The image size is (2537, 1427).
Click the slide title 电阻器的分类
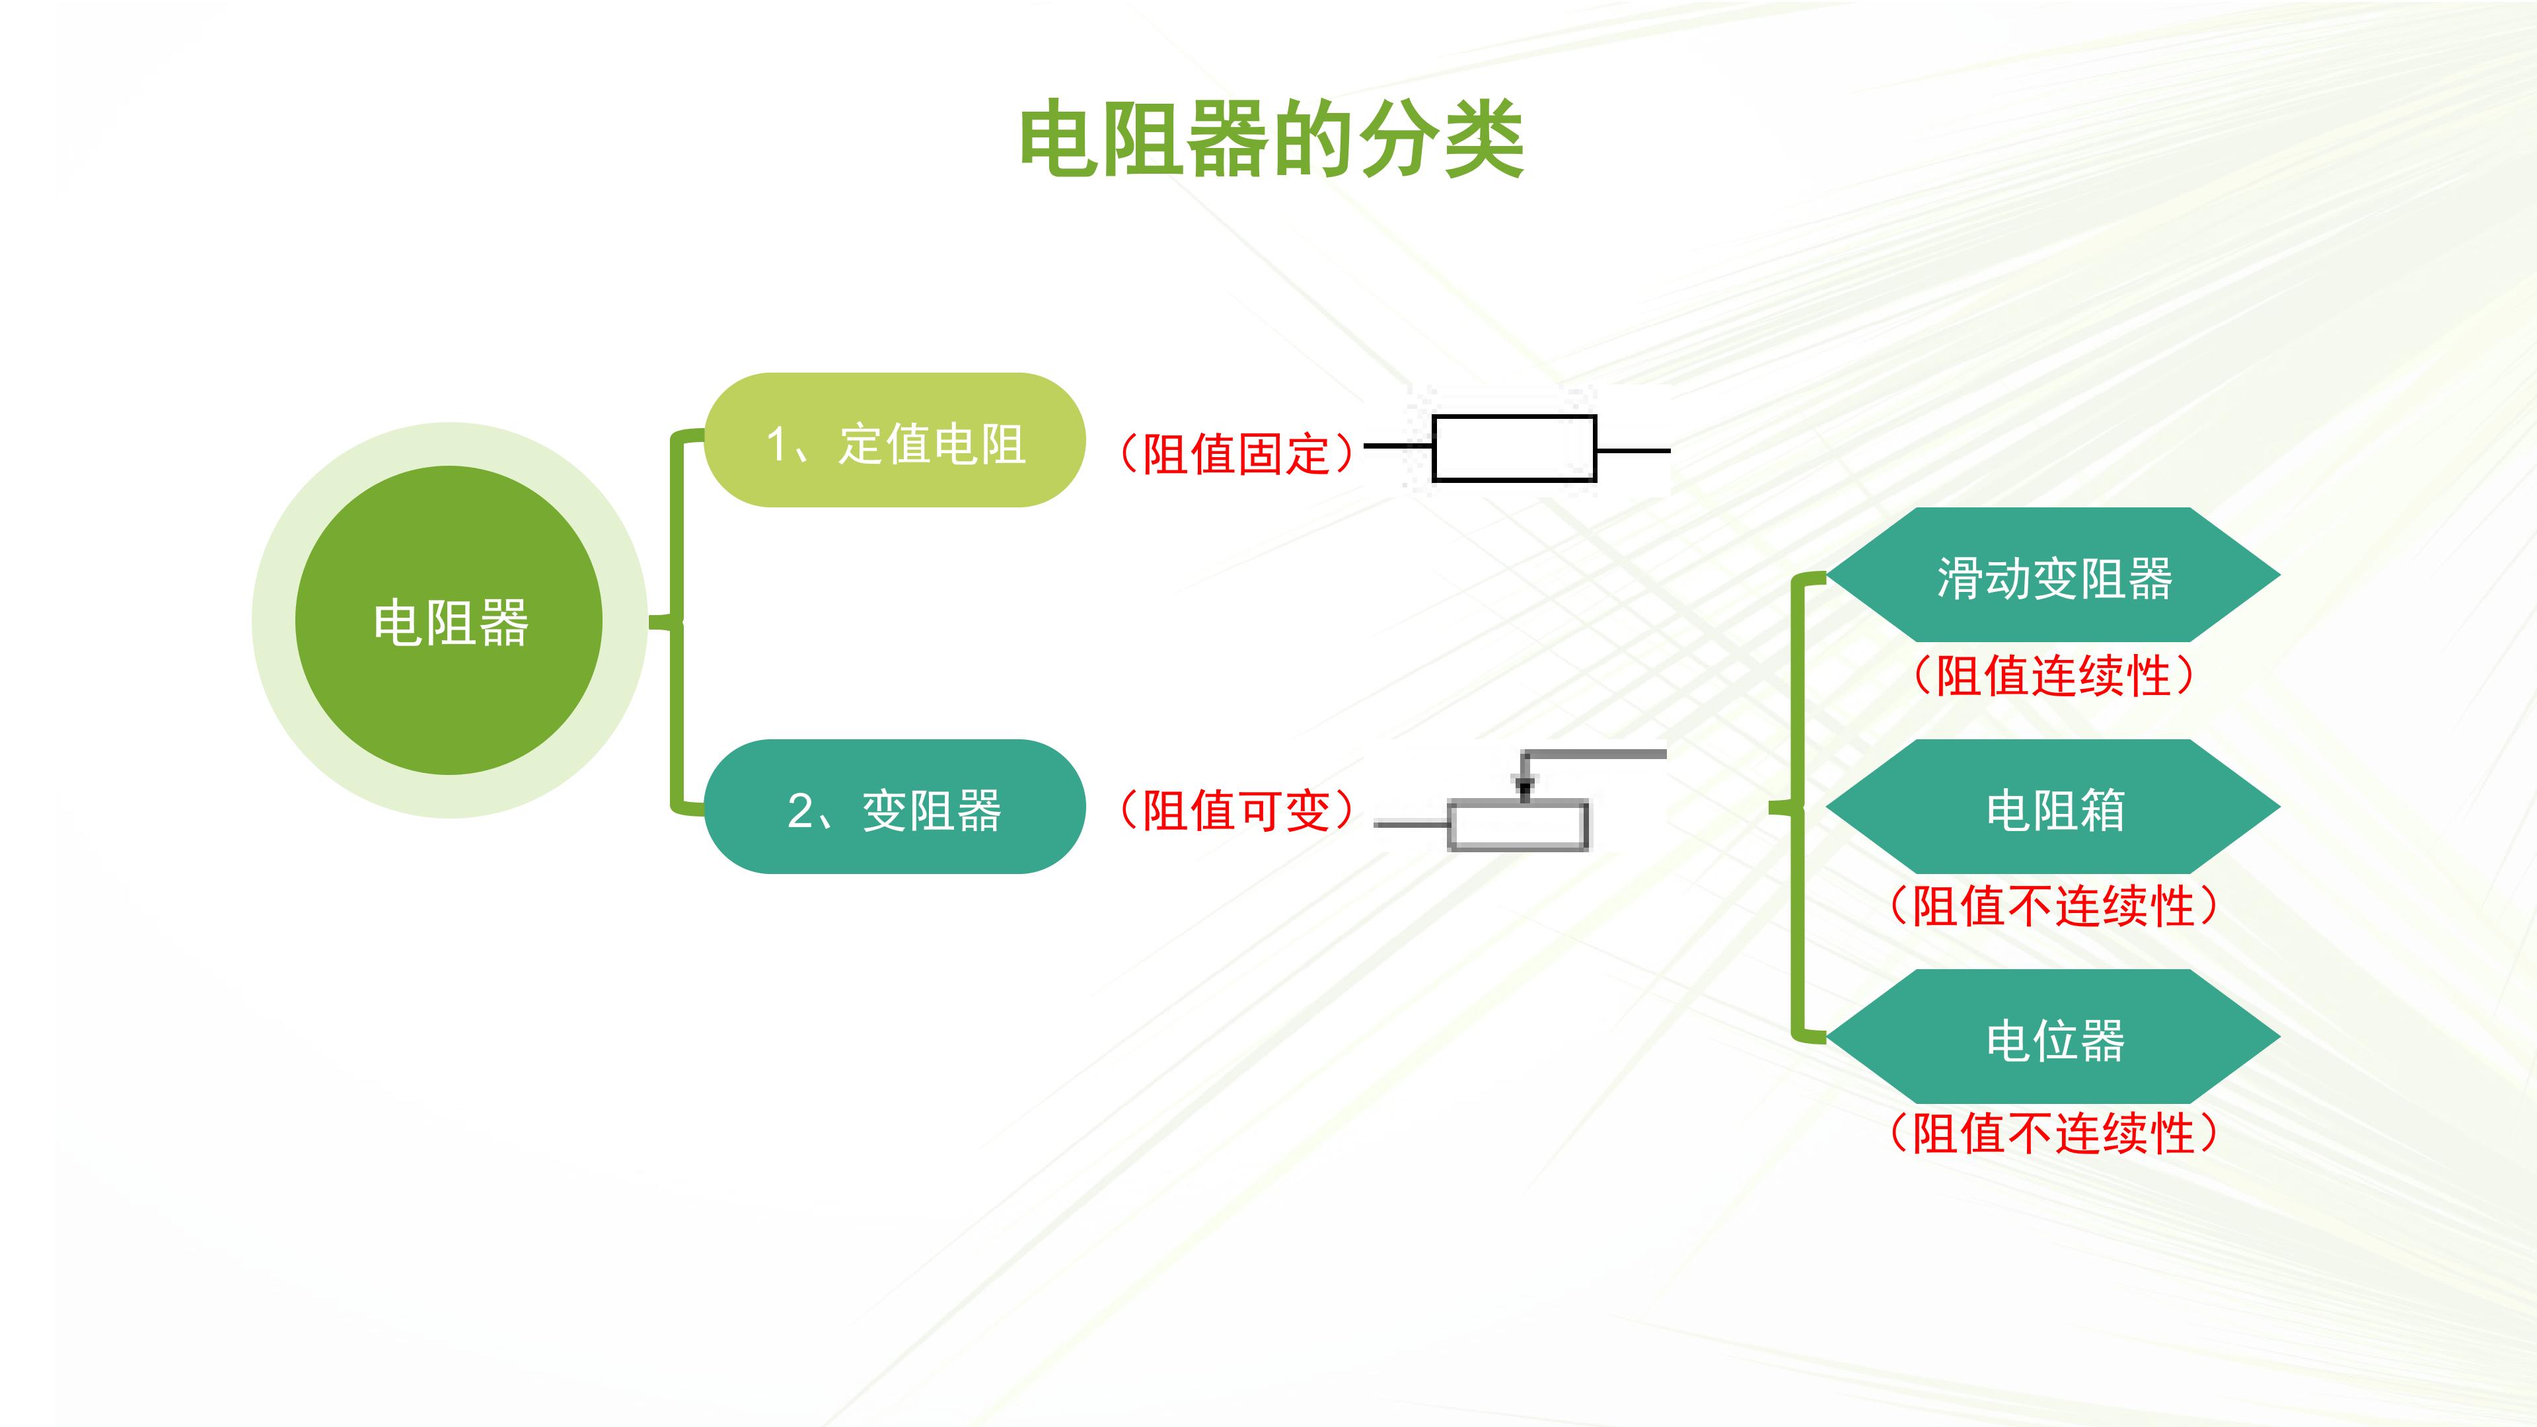(1271, 140)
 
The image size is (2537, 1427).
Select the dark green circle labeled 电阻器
(449, 620)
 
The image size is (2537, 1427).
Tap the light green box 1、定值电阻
(895, 440)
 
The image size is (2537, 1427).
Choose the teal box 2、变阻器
(895, 807)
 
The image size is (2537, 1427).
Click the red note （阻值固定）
(1237, 454)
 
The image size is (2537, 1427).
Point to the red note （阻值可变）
(1237, 811)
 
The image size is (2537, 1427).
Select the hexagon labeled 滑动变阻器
(2053, 575)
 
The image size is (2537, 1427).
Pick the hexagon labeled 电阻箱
(2053, 807)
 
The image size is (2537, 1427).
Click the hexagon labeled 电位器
(2053, 1037)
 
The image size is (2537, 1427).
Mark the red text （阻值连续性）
(2053, 677)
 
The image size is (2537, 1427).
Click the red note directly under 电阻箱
(2053, 906)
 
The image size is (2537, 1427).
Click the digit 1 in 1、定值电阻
(777, 443)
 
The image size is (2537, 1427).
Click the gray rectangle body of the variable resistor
(1518, 825)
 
